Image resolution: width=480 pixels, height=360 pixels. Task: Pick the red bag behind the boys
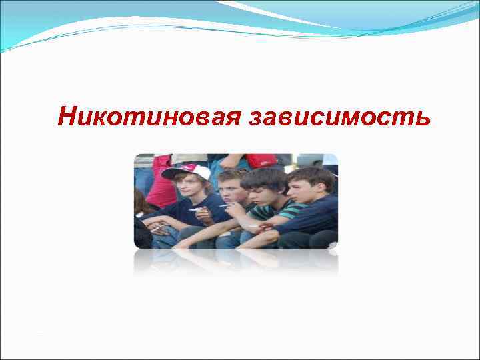click(x=261, y=161)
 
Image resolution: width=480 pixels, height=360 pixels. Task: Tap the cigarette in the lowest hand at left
click(x=157, y=228)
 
